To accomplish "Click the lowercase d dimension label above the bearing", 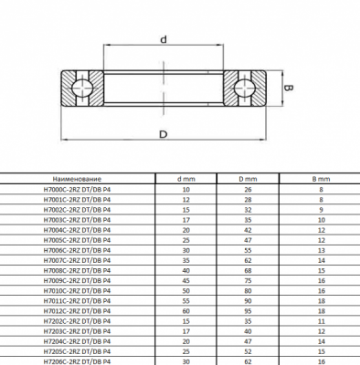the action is click(164, 39).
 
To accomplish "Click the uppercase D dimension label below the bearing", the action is click(164, 134).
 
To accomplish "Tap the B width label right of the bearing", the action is click(289, 88).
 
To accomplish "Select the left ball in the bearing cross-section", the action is click(82, 88).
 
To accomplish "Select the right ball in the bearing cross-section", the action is click(245, 88).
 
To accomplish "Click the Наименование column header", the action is click(77, 179).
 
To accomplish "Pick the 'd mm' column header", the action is click(186, 179).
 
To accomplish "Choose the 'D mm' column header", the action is click(248, 179).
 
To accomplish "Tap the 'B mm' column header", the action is click(321, 179).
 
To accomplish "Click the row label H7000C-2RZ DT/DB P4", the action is click(77, 190).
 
